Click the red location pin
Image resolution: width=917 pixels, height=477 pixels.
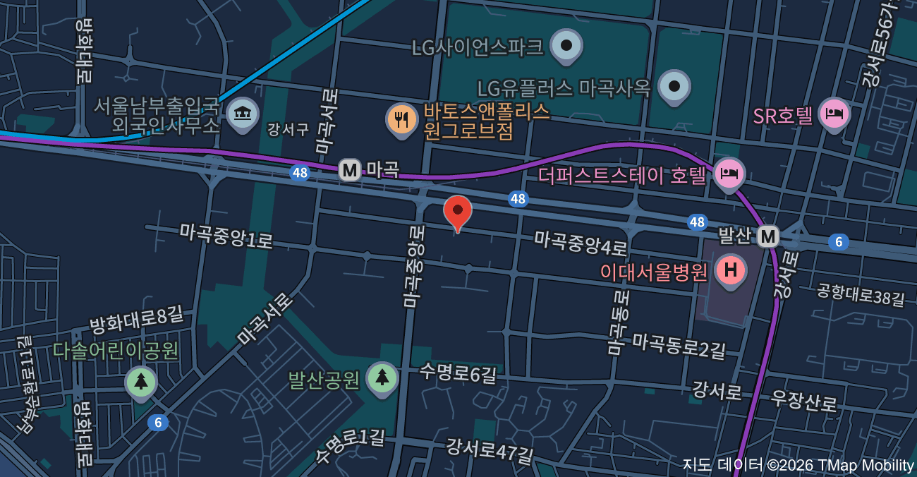(x=458, y=211)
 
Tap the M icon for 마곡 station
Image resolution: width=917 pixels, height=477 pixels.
(x=350, y=170)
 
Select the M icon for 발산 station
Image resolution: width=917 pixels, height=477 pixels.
(x=768, y=236)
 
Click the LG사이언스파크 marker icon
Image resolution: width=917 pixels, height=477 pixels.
(x=566, y=46)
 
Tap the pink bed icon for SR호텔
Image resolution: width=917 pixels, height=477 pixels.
(x=834, y=114)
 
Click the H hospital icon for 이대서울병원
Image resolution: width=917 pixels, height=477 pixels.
(x=731, y=270)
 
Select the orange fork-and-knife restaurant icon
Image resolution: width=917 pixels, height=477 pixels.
(x=402, y=119)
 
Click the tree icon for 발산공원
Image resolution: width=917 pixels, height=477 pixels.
(x=382, y=378)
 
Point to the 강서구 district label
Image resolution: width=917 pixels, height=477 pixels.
(x=288, y=129)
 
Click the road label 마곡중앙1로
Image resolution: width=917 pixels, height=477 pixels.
(x=226, y=236)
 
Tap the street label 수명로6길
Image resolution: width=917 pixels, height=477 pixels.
(x=458, y=373)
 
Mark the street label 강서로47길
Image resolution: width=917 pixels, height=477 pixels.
(x=489, y=450)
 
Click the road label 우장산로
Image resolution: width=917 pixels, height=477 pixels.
(x=804, y=401)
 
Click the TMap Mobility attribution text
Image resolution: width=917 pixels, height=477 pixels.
(x=798, y=465)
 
